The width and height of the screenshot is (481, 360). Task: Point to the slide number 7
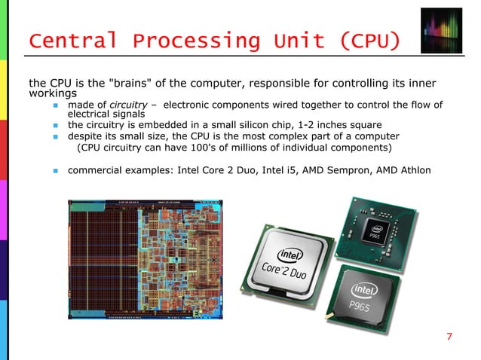(449, 336)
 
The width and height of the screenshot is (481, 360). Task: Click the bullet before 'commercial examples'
(56, 171)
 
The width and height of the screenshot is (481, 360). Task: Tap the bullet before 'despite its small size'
(56, 137)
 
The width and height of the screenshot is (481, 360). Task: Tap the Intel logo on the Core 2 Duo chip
(291, 255)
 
